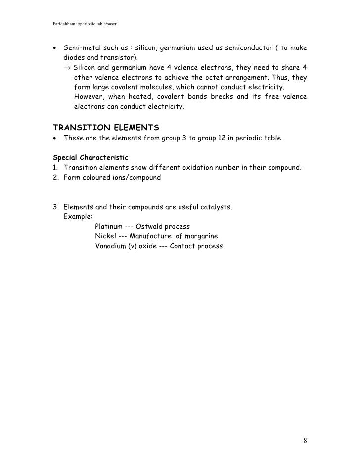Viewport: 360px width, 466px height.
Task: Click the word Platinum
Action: pos(109,227)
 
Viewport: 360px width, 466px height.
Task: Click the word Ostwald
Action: pos(151,227)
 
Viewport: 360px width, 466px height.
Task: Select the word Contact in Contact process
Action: pos(183,246)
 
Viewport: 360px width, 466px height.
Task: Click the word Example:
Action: pos(78,217)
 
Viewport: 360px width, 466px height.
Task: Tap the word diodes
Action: pos(74,57)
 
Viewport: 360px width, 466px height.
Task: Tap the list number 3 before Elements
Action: pos(55,207)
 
